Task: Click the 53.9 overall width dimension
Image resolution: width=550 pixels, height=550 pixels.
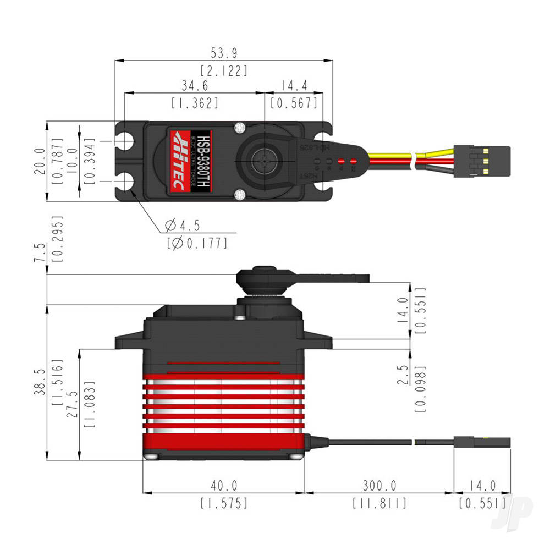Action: tap(224, 53)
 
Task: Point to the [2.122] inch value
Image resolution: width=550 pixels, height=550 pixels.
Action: tap(224, 70)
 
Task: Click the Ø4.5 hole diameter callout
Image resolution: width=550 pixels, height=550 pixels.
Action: tap(182, 226)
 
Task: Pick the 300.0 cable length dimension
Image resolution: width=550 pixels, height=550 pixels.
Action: tap(380, 486)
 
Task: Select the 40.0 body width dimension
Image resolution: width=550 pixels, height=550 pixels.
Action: tap(223, 486)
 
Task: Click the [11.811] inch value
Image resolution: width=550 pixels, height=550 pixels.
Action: tap(380, 503)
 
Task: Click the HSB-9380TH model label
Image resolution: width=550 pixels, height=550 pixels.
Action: tap(203, 161)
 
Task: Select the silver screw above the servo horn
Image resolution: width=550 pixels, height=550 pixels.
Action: tap(239, 128)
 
